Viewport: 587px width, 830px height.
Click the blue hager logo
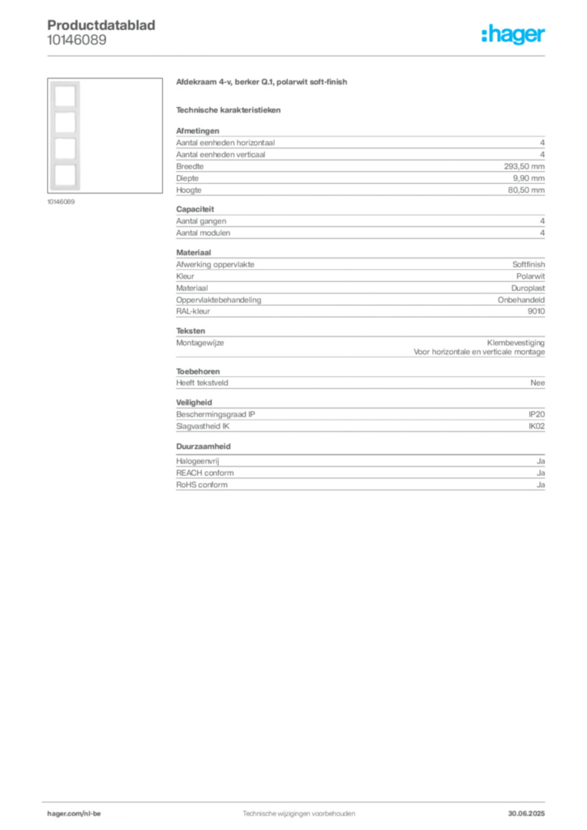(x=514, y=35)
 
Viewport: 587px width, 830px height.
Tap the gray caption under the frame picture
(x=62, y=202)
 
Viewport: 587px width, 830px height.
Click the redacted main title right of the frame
(x=262, y=83)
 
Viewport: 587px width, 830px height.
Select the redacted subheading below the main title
(x=230, y=109)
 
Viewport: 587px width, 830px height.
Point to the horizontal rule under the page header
(x=298, y=55)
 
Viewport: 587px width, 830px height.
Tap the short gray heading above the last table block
(x=204, y=447)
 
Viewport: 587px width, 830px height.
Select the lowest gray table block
(x=359, y=475)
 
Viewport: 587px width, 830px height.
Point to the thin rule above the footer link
(x=298, y=802)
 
